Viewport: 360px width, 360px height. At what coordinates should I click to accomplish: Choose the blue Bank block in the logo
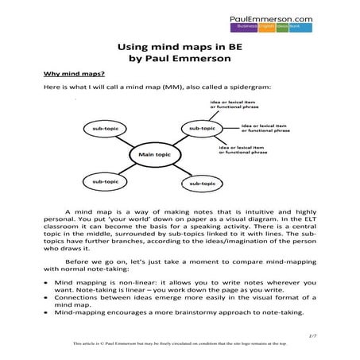[315, 25]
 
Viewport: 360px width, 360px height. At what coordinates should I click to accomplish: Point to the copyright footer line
[180, 343]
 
